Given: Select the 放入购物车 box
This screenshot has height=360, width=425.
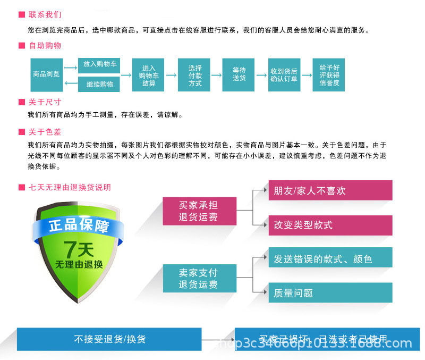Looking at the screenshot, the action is (99, 64).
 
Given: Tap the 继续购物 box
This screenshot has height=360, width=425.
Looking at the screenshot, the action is (99, 84).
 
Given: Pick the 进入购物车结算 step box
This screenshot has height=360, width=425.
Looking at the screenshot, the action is (149, 75).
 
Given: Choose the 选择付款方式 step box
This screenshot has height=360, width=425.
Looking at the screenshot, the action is (195, 75).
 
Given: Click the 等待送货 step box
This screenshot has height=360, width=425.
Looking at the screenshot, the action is (239, 74).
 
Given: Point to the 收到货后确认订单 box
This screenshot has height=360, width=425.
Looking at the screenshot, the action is (284, 75).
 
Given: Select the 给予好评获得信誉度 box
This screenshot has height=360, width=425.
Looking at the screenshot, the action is (329, 75).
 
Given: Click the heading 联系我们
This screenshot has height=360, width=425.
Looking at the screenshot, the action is (45, 14).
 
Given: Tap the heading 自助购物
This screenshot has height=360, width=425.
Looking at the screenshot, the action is (45, 45).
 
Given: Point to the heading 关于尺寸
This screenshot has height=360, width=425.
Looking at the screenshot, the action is (45, 102).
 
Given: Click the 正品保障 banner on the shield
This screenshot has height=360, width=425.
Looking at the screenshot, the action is (79, 225).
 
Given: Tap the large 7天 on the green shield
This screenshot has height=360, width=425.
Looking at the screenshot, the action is (79, 249).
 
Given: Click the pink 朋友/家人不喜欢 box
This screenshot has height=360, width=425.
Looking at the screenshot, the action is (330, 190).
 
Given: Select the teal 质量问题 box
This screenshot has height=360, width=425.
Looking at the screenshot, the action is (330, 293).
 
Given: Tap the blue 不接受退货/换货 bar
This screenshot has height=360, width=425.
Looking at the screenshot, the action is (109, 339).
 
